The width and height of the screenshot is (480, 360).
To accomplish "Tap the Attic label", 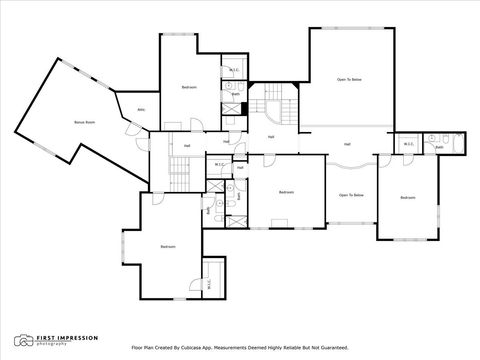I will click(141, 109).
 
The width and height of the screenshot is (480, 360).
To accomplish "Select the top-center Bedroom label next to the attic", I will click(188, 89).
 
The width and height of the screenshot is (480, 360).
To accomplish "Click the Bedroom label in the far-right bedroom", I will click(407, 198).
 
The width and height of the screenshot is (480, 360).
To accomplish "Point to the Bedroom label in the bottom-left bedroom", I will click(168, 246).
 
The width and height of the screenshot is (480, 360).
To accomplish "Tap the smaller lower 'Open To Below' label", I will click(350, 195).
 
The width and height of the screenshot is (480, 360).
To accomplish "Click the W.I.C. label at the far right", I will click(409, 144).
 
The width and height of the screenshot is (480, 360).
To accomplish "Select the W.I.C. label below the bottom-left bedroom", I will click(208, 282).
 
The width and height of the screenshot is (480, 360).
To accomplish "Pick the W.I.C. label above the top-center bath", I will click(232, 70).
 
